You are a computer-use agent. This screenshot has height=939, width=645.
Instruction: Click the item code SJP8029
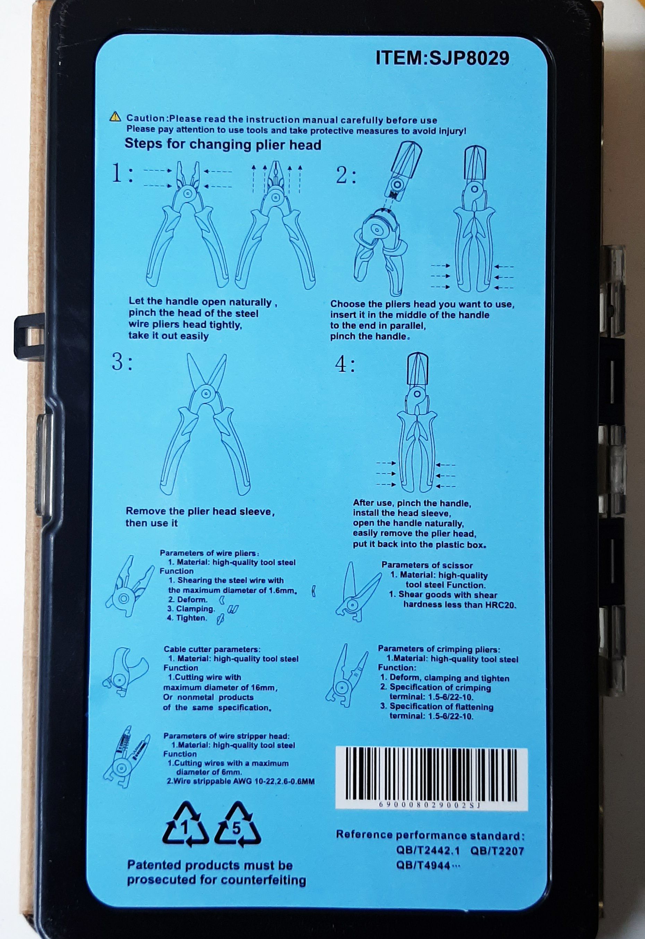tap(468, 58)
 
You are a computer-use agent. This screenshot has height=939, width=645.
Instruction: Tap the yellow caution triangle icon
tap(115, 117)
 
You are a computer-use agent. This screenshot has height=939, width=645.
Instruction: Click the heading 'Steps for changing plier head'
tap(223, 144)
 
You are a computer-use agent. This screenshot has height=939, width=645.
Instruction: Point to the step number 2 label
tap(346, 176)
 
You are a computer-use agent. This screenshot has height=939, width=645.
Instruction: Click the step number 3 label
tap(122, 362)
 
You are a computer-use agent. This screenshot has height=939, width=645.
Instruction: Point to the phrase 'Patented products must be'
tap(210, 865)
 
